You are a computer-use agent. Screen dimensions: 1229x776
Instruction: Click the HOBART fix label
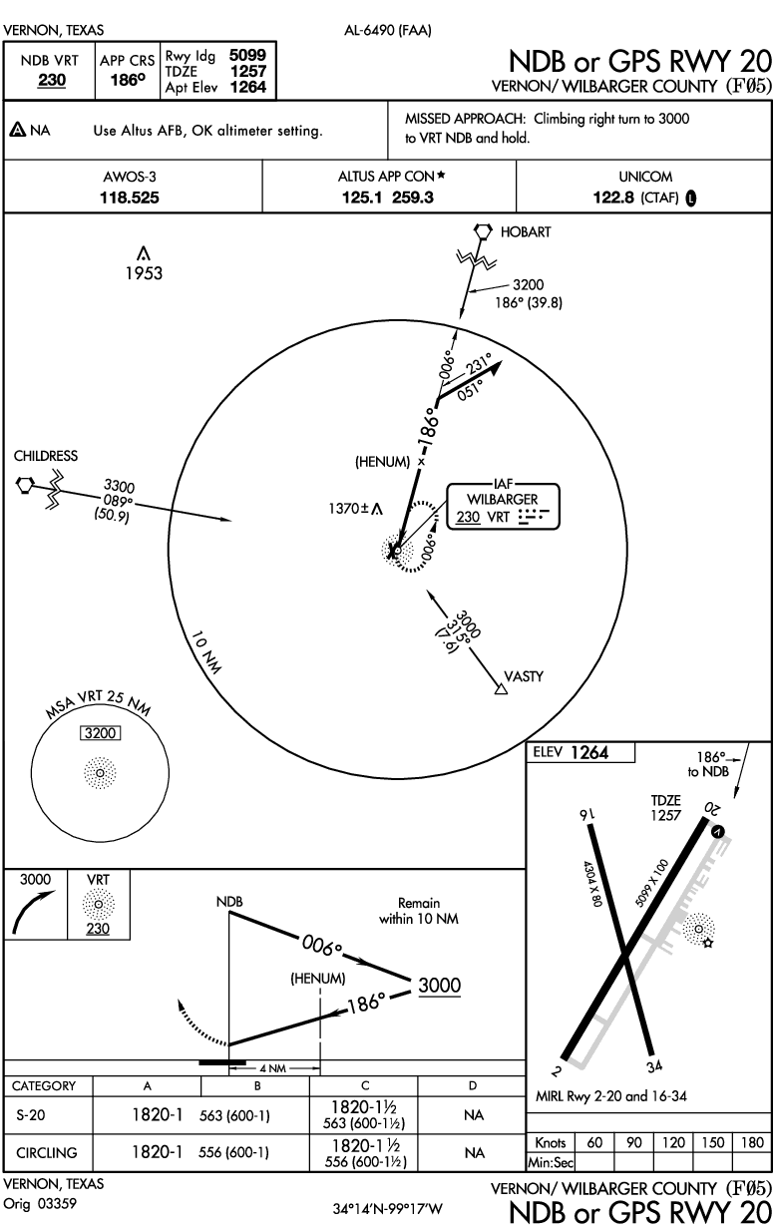point(525,231)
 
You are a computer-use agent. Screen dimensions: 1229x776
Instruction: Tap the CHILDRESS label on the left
point(45,456)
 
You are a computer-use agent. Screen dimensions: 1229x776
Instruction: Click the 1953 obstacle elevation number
point(144,272)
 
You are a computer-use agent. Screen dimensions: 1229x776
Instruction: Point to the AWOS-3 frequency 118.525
point(131,198)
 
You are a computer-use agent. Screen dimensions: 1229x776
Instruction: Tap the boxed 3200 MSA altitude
point(100,733)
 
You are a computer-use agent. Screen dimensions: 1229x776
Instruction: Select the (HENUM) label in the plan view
point(382,462)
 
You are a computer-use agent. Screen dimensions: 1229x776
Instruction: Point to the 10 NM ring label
point(206,654)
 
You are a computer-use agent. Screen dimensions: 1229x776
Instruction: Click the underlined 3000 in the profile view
point(439,985)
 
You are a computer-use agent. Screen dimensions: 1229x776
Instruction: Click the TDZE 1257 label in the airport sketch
point(665,808)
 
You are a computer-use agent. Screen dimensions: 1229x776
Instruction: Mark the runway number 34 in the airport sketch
point(655,1066)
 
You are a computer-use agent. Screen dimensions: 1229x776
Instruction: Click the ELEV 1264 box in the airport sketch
point(580,753)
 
